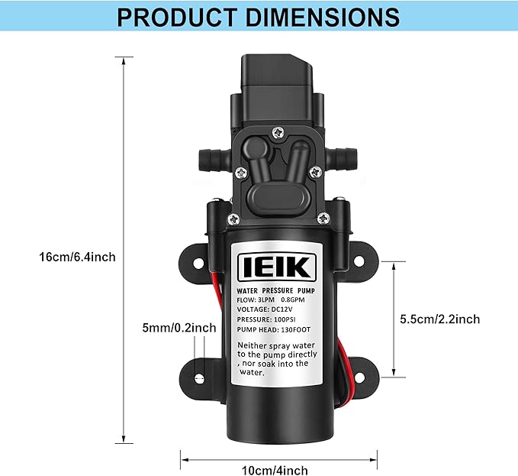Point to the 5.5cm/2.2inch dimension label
click(x=440, y=319)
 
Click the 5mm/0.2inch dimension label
click(x=179, y=328)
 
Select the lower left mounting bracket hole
click(x=198, y=378)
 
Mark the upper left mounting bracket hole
click(x=198, y=262)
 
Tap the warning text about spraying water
click(x=273, y=359)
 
